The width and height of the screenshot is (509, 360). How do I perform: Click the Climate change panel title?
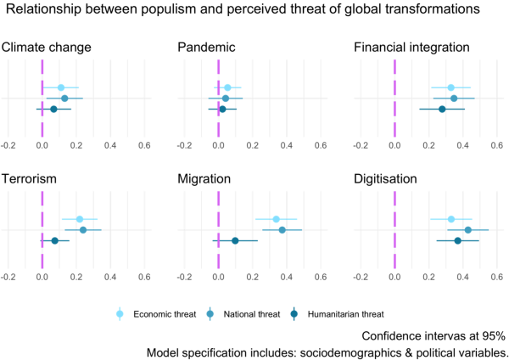tap(46, 48)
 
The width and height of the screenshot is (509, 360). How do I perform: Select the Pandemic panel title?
tap(206, 48)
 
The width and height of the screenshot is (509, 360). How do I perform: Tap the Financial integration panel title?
tap(411, 48)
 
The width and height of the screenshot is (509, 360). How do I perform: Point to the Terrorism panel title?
tap(29, 179)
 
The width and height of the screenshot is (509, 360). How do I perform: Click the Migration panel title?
tap(204, 179)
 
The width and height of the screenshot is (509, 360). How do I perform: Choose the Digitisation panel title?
tap(385, 179)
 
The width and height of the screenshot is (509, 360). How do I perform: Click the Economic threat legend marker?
tap(120, 314)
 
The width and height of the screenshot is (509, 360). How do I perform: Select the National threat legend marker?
tap(210, 314)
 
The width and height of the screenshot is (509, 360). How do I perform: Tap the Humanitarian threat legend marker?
tap(294, 314)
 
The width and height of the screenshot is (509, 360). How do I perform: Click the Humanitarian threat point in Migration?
tap(235, 241)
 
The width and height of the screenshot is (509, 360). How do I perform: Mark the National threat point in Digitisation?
tap(467, 230)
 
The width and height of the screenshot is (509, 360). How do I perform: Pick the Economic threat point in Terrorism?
tap(80, 219)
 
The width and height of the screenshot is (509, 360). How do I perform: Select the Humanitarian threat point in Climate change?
tap(54, 110)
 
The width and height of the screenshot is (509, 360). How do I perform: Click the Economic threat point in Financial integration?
tap(451, 87)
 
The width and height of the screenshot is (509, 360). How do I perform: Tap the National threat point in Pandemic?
tap(226, 98)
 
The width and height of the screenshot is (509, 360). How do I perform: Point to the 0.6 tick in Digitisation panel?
tap(497, 277)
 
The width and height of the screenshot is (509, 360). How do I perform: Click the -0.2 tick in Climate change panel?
tap(8, 145)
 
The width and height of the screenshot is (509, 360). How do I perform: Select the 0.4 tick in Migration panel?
tap(287, 277)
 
